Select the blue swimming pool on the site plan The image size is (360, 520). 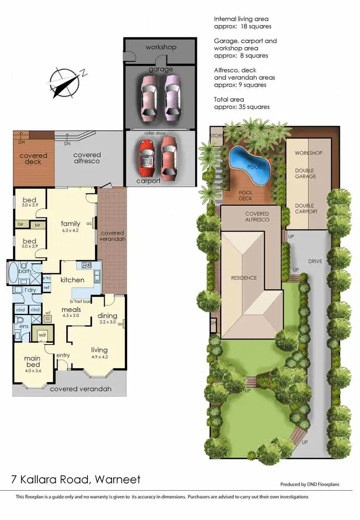(x=250, y=165)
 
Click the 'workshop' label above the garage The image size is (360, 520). (x=161, y=47)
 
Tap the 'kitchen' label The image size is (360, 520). (x=72, y=279)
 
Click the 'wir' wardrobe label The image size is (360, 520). (x=42, y=335)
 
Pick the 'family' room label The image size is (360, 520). (x=70, y=223)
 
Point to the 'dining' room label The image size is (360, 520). (x=108, y=315)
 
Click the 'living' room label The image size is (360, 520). (x=99, y=350)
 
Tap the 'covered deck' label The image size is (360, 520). (x=33, y=158)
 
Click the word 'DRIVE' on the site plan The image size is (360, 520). (x=316, y=261)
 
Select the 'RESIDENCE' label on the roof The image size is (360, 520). (x=244, y=278)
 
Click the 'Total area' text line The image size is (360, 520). (x=229, y=99)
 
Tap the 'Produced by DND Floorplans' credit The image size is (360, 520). (x=310, y=484)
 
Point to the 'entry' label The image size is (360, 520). (x=63, y=355)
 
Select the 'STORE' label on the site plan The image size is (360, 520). (x=216, y=136)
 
